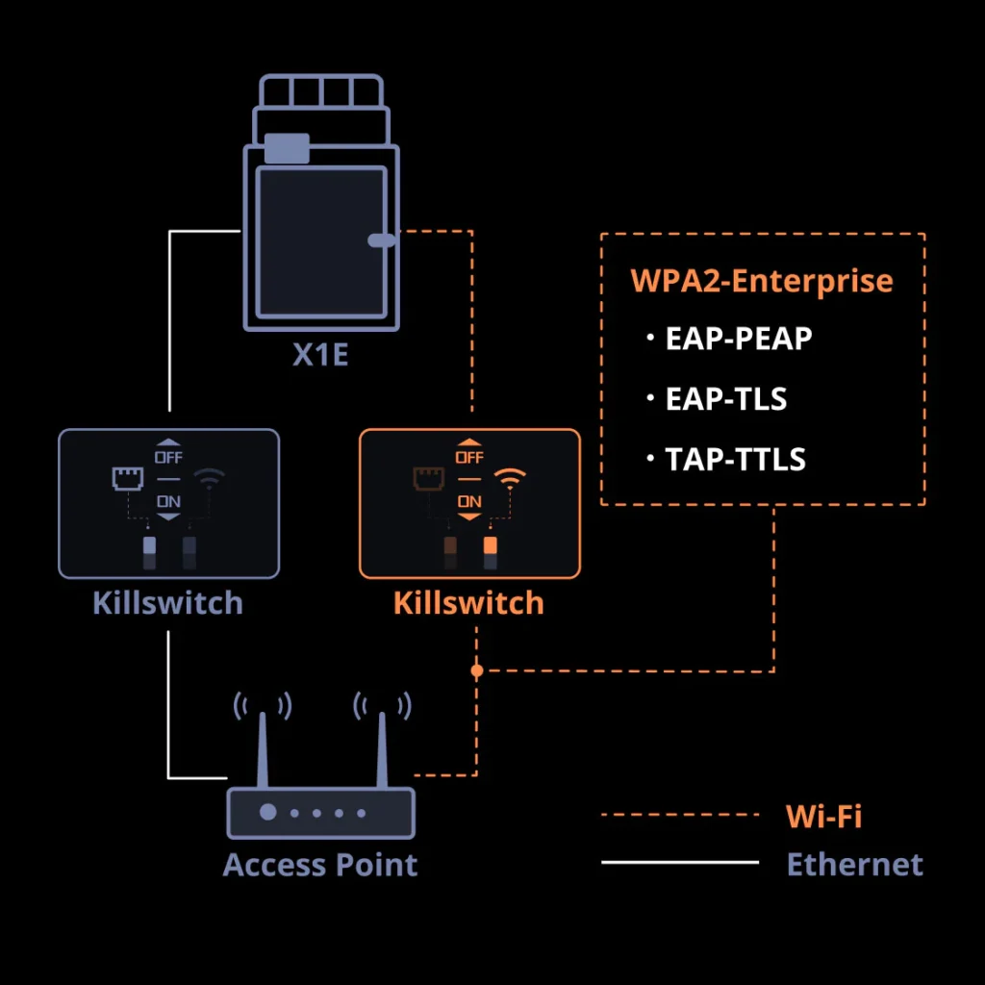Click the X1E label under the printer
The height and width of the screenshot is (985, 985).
coord(320,357)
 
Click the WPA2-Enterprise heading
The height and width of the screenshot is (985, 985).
coord(761,281)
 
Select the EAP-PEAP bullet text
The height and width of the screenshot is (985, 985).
coord(739,340)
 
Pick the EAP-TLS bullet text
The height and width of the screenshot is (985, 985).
coord(726,398)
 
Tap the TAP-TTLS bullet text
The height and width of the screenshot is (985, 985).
coord(736,459)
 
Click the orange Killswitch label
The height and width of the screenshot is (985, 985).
coord(468,603)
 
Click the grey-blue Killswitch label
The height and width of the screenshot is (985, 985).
coord(168,603)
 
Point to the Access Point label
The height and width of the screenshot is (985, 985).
coord(320,864)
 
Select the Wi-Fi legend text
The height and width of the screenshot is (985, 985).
coord(823,816)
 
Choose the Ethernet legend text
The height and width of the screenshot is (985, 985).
coord(854,864)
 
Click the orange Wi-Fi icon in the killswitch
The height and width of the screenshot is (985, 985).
coord(510,478)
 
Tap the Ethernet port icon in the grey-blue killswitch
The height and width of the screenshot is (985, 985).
coord(127,478)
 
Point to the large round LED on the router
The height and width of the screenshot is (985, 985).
coord(268,813)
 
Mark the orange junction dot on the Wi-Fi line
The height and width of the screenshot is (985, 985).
coord(476,670)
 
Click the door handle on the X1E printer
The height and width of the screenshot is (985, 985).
coord(382,240)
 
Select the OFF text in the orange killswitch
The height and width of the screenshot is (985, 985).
coord(469,457)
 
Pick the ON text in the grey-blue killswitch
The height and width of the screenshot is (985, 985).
coord(169,501)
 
